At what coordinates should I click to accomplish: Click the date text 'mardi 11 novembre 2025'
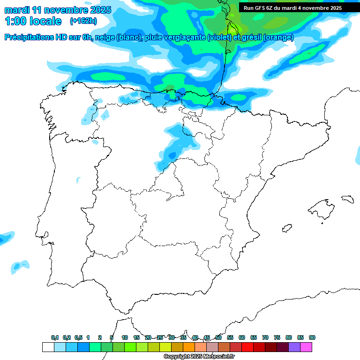coord(58,10)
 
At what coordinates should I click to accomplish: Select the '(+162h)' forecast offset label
coord(83,21)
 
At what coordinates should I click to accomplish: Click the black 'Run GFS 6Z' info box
coord(292,7)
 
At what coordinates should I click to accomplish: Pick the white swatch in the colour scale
coord(48,347)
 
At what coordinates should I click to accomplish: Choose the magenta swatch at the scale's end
coord(306,347)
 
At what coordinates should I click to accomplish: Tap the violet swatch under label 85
coord(294,347)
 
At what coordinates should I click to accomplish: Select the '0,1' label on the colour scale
coord(55,338)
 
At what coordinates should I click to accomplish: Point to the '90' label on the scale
coord(312,338)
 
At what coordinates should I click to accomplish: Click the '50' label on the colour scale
coord(218,338)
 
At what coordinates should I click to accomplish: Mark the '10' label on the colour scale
coord(125,338)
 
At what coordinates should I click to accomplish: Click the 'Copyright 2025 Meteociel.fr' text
coord(199,357)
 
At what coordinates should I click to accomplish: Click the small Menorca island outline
coord(347,199)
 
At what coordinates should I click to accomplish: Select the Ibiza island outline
coord(286,228)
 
